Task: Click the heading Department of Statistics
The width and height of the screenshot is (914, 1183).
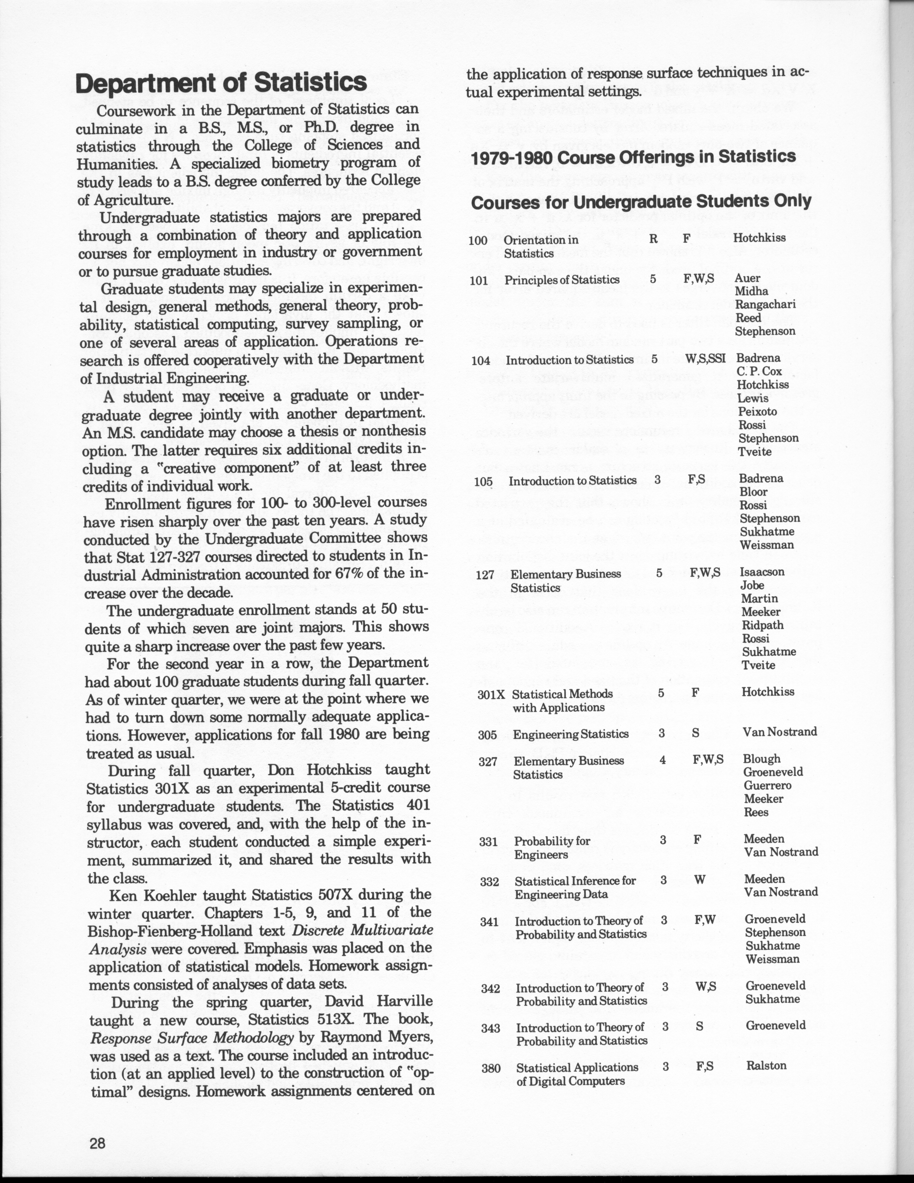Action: [x=221, y=84]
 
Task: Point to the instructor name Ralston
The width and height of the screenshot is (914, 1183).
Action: [x=766, y=1065]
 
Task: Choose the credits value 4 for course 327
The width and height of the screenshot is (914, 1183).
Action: [x=662, y=760]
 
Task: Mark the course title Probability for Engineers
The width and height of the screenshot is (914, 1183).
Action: [x=552, y=848]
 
